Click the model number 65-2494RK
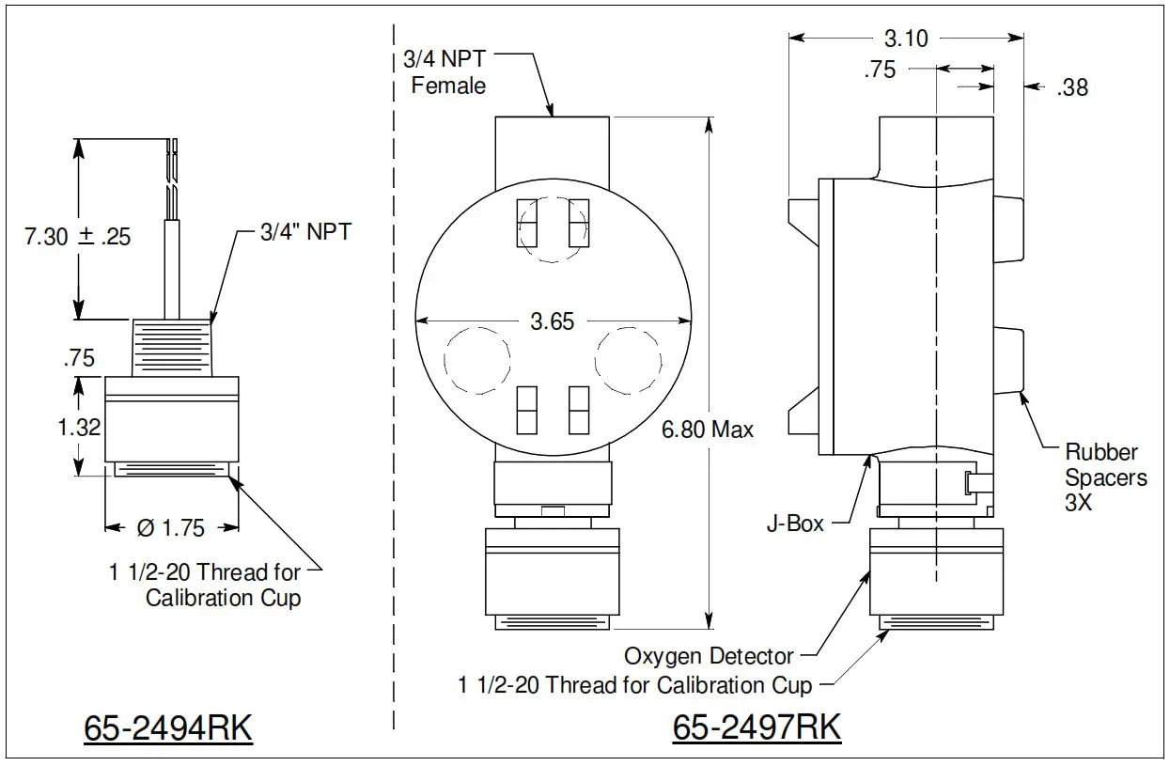pyautogui.click(x=168, y=728)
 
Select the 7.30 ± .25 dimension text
pyautogui.click(x=77, y=236)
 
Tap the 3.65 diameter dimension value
pyautogui.click(x=552, y=321)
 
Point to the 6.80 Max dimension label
pyautogui.click(x=707, y=430)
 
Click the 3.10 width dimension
pyautogui.click(x=906, y=39)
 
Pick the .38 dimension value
pyautogui.click(x=1071, y=87)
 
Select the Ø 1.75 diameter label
pyautogui.click(x=170, y=528)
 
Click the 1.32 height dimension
pyautogui.click(x=79, y=429)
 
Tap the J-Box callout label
pyautogui.click(x=795, y=524)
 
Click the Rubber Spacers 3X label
pyautogui.click(x=1105, y=477)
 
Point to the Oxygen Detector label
pyautogui.click(x=709, y=656)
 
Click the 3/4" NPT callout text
pyautogui.click(x=305, y=232)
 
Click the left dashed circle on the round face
pyautogui.click(x=476, y=360)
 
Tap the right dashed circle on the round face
pyautogui.click(x=629, y=360)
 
